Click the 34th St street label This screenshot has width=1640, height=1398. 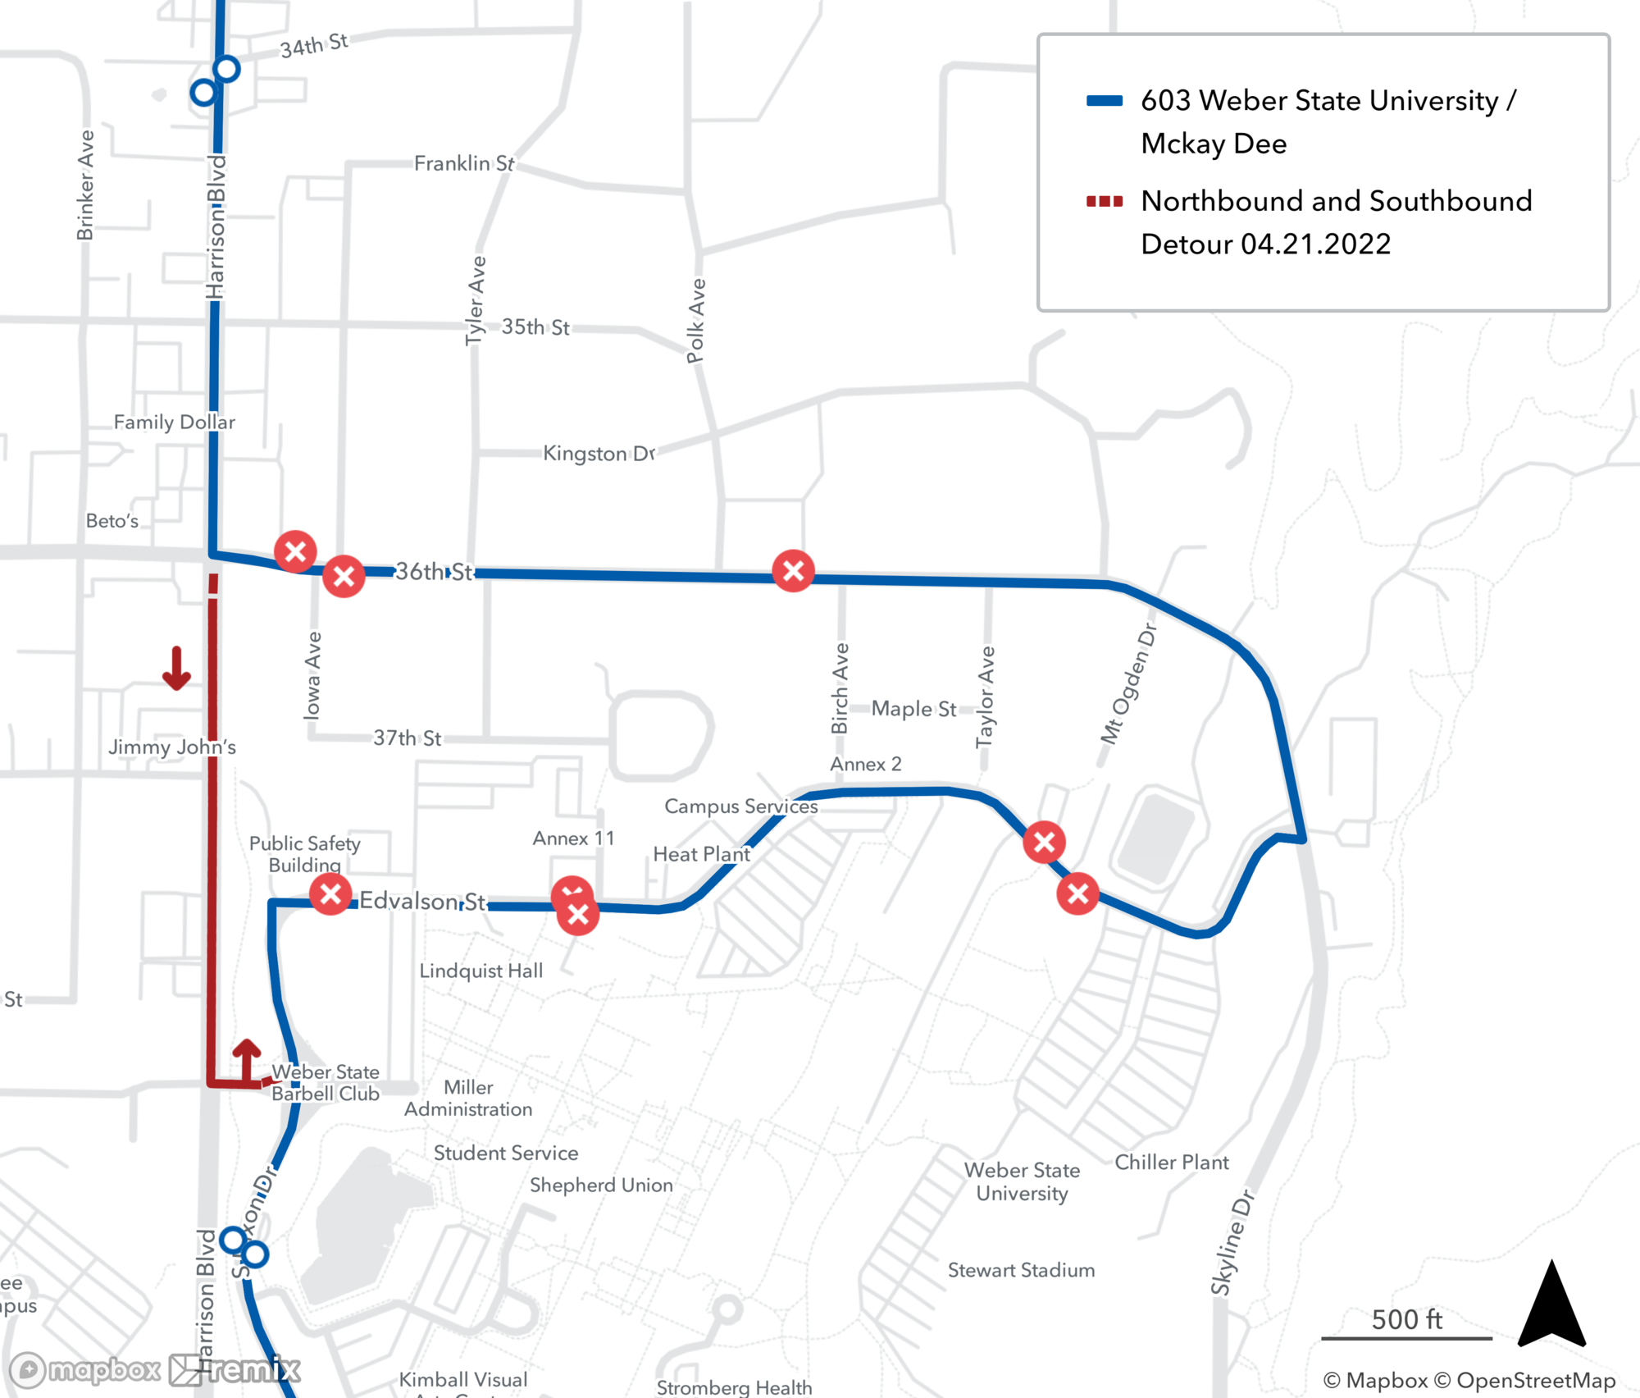(314, 45)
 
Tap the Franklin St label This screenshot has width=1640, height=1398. (464, 163)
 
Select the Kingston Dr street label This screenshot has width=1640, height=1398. (599, 453)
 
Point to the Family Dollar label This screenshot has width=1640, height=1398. (174, 422)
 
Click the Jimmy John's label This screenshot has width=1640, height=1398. (172, 747)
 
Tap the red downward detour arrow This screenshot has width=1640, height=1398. (176, 668)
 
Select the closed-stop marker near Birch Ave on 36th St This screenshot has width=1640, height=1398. (793, 571)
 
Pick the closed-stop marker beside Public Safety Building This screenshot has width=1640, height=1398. (330, 893)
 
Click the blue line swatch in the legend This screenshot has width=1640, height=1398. (1104, 101)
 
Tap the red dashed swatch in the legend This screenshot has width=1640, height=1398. (1104, 201)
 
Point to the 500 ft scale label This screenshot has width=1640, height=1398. (1406, 1319)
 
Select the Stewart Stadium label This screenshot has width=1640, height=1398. (1021, 1270)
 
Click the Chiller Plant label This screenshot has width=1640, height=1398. (1171, 1162)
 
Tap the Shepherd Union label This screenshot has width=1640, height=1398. (601, 1185)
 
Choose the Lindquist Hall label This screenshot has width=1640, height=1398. (481, 971)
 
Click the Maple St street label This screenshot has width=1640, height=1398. (913, 708)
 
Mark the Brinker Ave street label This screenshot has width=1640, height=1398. (85, 185)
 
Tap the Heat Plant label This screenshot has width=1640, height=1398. (701, 854)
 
